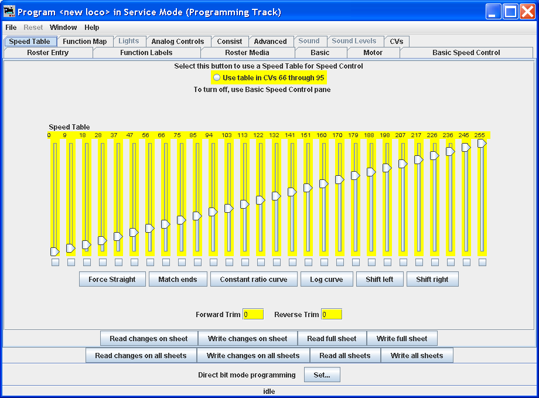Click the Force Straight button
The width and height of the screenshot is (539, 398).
point(112,280)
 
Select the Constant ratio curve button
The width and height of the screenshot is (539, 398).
point(254,280)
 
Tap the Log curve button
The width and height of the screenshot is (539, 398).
point(326,280)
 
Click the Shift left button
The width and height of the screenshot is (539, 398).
point(380,280)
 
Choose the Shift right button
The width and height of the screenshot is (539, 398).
point(432,280)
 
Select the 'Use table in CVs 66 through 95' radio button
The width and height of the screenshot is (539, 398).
point(217,78)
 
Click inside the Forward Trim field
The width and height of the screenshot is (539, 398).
point(253,314)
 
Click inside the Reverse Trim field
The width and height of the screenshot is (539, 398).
point(332,314)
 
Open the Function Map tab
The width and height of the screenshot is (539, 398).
point(85,41)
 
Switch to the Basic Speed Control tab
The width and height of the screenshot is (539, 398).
point(466,53)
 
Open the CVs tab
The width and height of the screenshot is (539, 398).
point(397,41)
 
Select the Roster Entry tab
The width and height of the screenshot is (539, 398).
point(48,53)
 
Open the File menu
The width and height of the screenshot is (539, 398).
point(11,27)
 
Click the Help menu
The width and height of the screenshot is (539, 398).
point(92,27)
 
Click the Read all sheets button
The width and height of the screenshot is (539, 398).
point(345,356)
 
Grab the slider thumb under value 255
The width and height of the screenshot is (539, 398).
point(482,144)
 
